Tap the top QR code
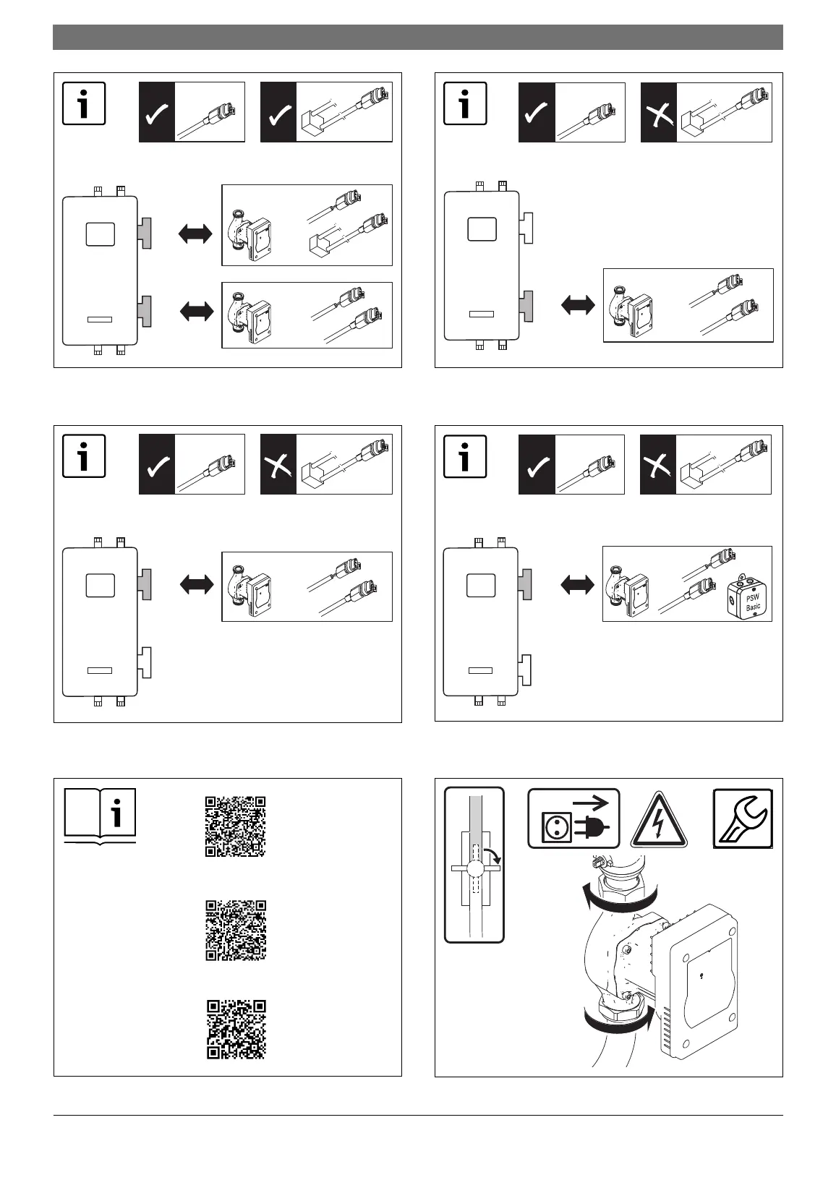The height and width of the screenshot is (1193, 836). point(236,826)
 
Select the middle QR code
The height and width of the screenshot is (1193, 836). point(236,931)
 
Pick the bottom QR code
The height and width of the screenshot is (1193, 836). point(236,1030)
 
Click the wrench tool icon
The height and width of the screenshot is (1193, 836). point(743,818)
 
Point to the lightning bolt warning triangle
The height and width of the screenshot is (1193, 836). point(658,821)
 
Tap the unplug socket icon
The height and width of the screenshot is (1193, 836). point(573,818)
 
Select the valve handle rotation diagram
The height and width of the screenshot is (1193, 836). point(474,865)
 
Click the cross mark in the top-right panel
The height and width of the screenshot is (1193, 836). point(659,112)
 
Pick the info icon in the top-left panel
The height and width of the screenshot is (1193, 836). point(84,103)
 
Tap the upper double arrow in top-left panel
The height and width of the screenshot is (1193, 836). point(196,234)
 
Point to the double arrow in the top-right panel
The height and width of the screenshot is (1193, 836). point(578,304)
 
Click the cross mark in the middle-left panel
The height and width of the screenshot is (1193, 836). point(278,465)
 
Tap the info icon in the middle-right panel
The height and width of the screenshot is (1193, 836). point(464,456)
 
